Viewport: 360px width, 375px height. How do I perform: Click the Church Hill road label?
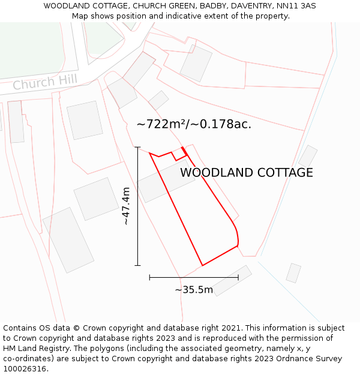tap(41, 83)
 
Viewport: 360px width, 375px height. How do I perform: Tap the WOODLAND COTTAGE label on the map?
tap(246, 173)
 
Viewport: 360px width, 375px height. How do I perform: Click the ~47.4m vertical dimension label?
tap(126, 206)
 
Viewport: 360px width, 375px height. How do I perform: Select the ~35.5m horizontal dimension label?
tap(194, 290)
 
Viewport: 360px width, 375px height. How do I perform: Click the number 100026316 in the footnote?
tap(24, 369)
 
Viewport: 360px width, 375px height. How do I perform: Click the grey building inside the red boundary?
tap(166, 181)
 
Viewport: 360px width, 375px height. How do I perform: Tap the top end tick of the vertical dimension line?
tap(137, 147)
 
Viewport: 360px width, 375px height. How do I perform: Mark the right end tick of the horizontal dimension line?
tap(238, 277)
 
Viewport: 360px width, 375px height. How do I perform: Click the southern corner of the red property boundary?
tap(202, 265)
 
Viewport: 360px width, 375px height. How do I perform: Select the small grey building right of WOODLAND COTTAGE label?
tap(308, 156)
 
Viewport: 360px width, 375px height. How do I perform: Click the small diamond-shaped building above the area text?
tap(158, 100)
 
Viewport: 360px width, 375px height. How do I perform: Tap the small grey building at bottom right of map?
tap(293, 273)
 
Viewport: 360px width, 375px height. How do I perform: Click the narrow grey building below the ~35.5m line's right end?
tap(232, 281)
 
